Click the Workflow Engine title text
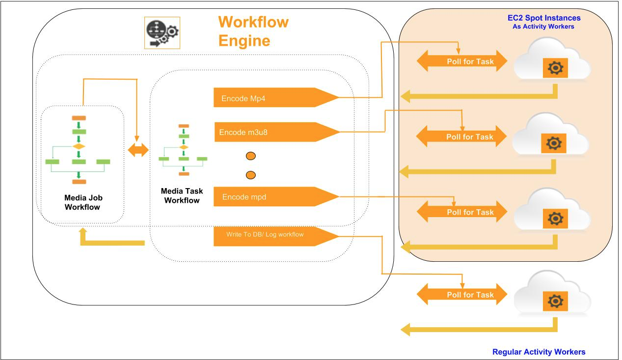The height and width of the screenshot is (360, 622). pos(253,31)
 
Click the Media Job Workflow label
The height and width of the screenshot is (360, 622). pos(83,202)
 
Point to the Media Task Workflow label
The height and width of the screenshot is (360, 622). pos(182,195)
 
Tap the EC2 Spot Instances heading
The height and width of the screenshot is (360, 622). pos(544,18)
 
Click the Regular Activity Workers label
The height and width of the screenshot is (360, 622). pos(539,352)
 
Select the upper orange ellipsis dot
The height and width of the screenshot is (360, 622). pos(250,157)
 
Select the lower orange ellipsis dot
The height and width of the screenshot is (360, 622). pos(250,175)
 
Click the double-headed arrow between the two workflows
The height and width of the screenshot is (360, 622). pos(138,151)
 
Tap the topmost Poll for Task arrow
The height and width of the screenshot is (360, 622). pos(462,62)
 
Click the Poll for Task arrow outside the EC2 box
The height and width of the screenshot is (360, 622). pos(462,295)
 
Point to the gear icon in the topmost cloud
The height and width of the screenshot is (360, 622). pos(555,68)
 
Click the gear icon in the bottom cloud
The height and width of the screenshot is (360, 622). pos(555,301)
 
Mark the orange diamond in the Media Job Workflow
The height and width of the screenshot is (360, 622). pos(79,146)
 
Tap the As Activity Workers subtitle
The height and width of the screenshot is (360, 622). pos(543,27)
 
